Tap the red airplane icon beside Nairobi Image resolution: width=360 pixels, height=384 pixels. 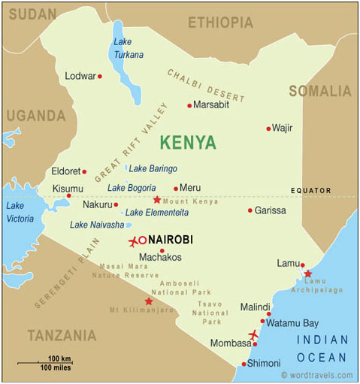coord(134,241)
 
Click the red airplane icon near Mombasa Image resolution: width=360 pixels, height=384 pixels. coord(253,334)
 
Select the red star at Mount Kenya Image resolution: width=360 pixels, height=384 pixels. coord(156,200)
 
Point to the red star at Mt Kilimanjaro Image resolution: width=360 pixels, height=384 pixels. coord(149,301)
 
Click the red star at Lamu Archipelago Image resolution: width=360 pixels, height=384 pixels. coord(307,274)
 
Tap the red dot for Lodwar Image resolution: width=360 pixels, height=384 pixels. coord(99,76)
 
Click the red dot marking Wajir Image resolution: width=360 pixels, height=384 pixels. coord(268,129)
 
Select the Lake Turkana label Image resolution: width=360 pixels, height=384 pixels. coord(128,48)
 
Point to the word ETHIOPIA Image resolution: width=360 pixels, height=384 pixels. coord(220,23)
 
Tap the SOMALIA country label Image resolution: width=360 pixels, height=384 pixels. coord(319,92)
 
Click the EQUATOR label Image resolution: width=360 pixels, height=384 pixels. coord(312,191)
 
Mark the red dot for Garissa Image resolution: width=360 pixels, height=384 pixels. coord(250,210)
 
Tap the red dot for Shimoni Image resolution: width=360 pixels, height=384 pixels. coord(244,364)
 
